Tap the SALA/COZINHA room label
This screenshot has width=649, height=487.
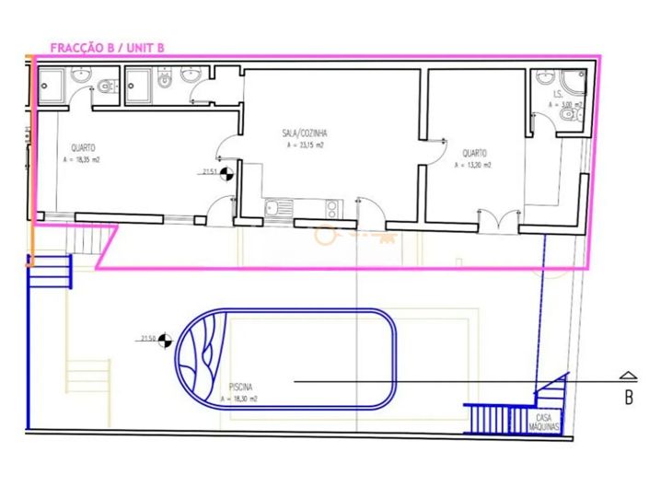coord(304,133)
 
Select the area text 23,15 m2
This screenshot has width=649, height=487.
coord(304,145)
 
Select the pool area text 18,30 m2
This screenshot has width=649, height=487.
coord(238,400)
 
